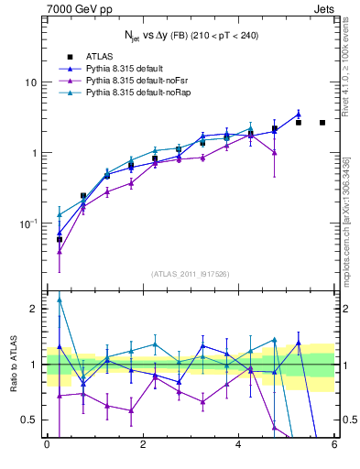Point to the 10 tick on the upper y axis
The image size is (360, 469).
coord(30,82)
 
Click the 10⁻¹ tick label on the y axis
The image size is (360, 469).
coord(27,224)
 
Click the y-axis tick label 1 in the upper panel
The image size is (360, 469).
coord(33,153)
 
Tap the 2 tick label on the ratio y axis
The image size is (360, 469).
coord(33,309)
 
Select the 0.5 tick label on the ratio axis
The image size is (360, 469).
coord(28,420)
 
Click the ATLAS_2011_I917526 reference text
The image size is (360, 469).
coord(190,274)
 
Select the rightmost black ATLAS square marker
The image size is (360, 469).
coord(322,123)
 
